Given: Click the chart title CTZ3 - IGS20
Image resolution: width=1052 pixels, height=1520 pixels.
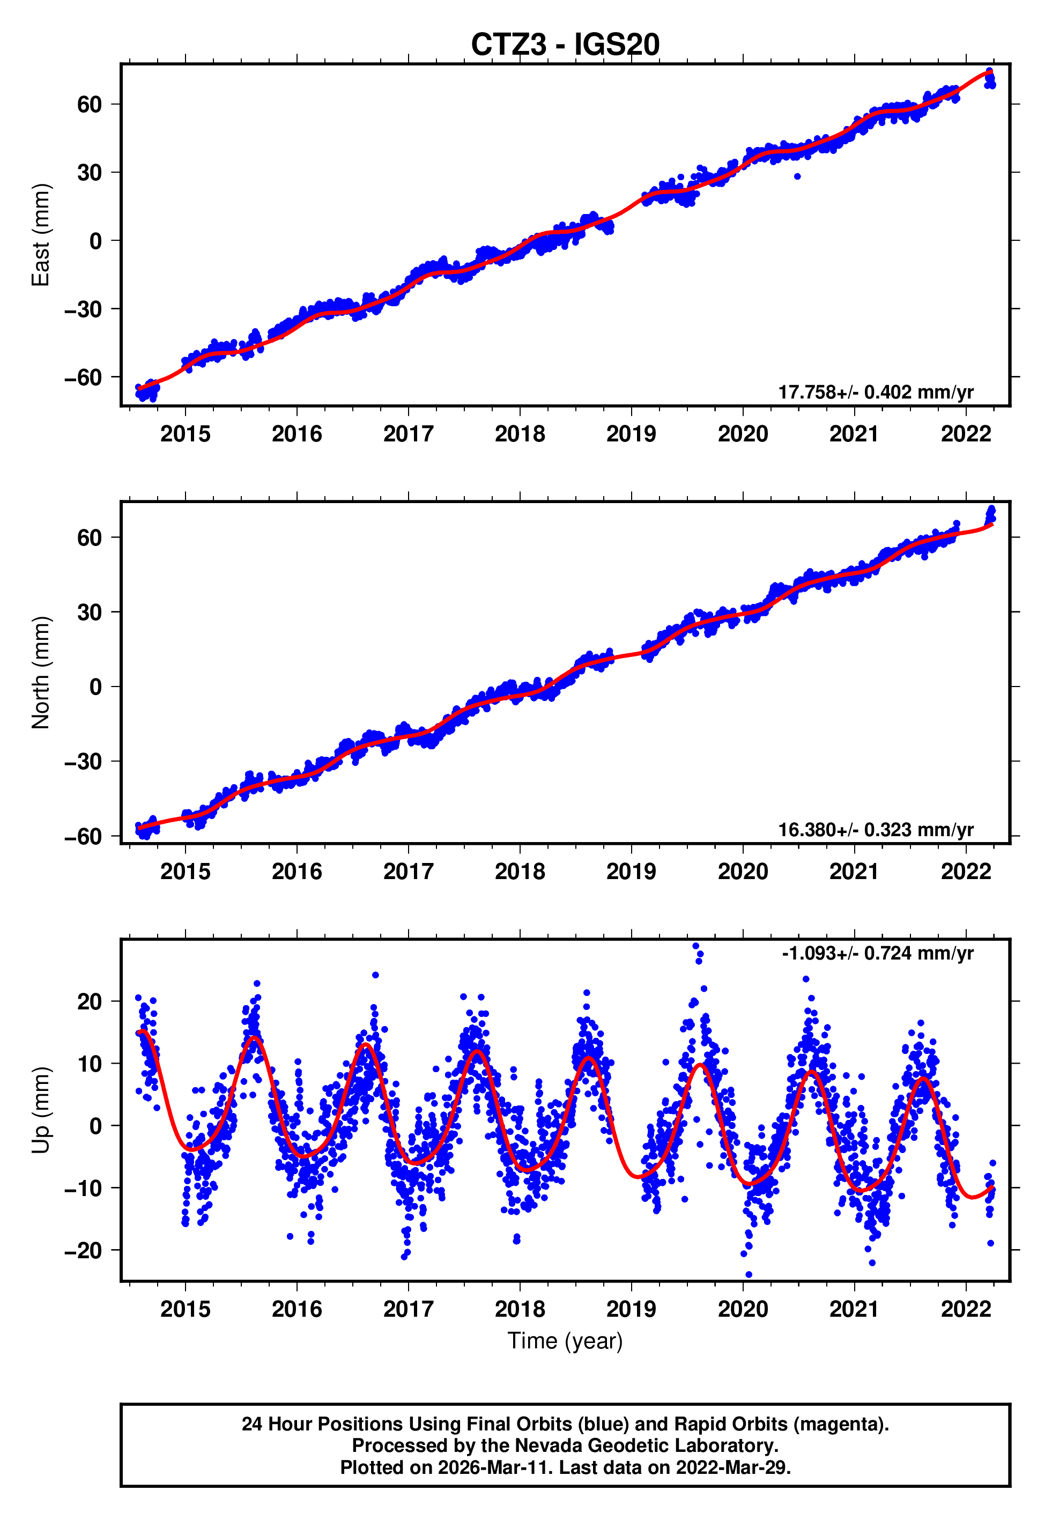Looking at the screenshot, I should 565,45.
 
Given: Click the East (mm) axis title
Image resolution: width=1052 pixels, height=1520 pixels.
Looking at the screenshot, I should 41,235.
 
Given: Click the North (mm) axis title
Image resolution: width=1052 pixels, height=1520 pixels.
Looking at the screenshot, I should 41,673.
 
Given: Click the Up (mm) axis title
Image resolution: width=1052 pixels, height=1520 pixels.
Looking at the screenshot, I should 41,1110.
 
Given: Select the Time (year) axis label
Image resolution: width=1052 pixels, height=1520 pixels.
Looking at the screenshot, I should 565,1341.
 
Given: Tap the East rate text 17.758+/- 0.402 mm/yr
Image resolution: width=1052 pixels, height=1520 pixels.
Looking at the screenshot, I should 876,392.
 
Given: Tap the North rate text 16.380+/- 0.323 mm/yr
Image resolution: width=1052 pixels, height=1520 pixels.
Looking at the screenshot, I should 876,830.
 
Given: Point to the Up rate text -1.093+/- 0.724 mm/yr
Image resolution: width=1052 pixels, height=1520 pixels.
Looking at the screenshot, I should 877,953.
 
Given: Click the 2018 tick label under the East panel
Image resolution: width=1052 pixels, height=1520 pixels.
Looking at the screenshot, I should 520,434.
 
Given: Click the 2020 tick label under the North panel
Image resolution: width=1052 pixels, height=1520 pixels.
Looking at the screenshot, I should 743,872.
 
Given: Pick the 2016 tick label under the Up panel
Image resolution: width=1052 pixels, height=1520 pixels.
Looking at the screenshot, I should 297,1309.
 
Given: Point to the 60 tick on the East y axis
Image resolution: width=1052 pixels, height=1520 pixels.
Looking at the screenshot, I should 89,104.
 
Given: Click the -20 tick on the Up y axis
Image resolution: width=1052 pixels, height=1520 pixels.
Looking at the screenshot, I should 83,1250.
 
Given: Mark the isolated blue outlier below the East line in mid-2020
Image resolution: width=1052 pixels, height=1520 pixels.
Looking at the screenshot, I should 797,176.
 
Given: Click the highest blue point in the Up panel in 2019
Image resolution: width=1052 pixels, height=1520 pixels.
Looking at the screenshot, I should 695,946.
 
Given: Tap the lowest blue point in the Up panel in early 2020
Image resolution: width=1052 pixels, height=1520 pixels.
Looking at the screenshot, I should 748,1275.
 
